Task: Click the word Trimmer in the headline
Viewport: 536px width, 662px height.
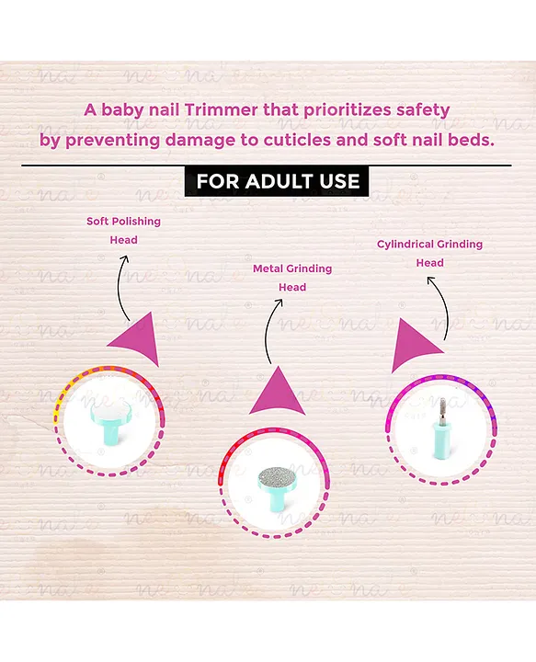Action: [x=221, y=109]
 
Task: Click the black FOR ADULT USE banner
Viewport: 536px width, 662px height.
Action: [x=277, y=181]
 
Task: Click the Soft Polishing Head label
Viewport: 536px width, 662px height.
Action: [x=124, y=231]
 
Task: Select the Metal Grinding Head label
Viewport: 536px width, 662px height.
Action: [x=292, y=278]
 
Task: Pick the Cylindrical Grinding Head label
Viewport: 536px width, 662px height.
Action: [x=429, y=254]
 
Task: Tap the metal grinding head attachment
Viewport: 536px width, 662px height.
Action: [x=277, y=486]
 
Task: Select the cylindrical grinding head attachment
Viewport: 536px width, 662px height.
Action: [x=441, y=428]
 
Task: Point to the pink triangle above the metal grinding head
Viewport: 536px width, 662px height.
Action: [x=278, y=393]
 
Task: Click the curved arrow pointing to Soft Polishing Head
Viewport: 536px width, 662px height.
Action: [x=119, y=287]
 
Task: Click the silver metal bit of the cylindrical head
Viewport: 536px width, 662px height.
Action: [x=441, y=412]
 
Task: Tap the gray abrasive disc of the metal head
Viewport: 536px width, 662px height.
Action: [x=277, y=477]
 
